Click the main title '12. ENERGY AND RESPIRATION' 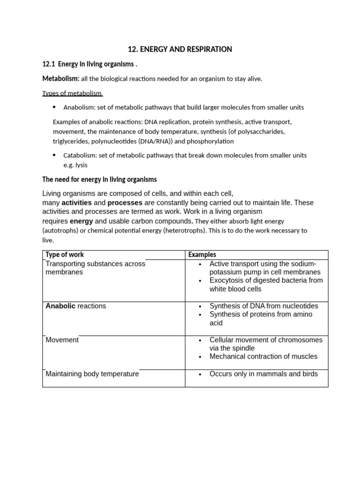(180, 49)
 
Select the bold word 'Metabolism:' (61, 78)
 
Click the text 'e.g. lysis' (75, 165)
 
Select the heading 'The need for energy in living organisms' (99, 180)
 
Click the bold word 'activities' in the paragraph (76, 203)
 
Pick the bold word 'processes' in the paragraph (125, 203)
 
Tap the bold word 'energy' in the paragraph (82, 221)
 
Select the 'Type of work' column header (65, 255)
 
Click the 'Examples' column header (202, 255)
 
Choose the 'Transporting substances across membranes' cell (95, 268)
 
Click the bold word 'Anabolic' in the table (60, 306)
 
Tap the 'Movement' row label (62, 340)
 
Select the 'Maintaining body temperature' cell (92, 374)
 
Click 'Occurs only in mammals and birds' (263, 374)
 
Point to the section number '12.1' (49, 64)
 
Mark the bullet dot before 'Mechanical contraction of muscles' (200, 357)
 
